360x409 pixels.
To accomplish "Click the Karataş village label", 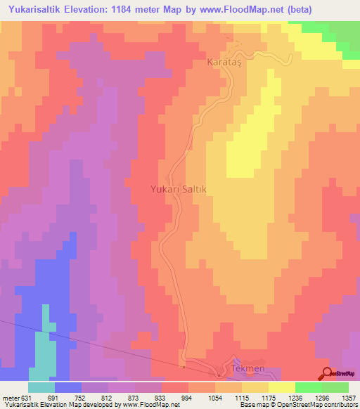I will point(224,63).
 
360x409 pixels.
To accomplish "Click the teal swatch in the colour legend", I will point(42,387).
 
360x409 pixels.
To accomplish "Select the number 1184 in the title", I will point(115,9).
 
